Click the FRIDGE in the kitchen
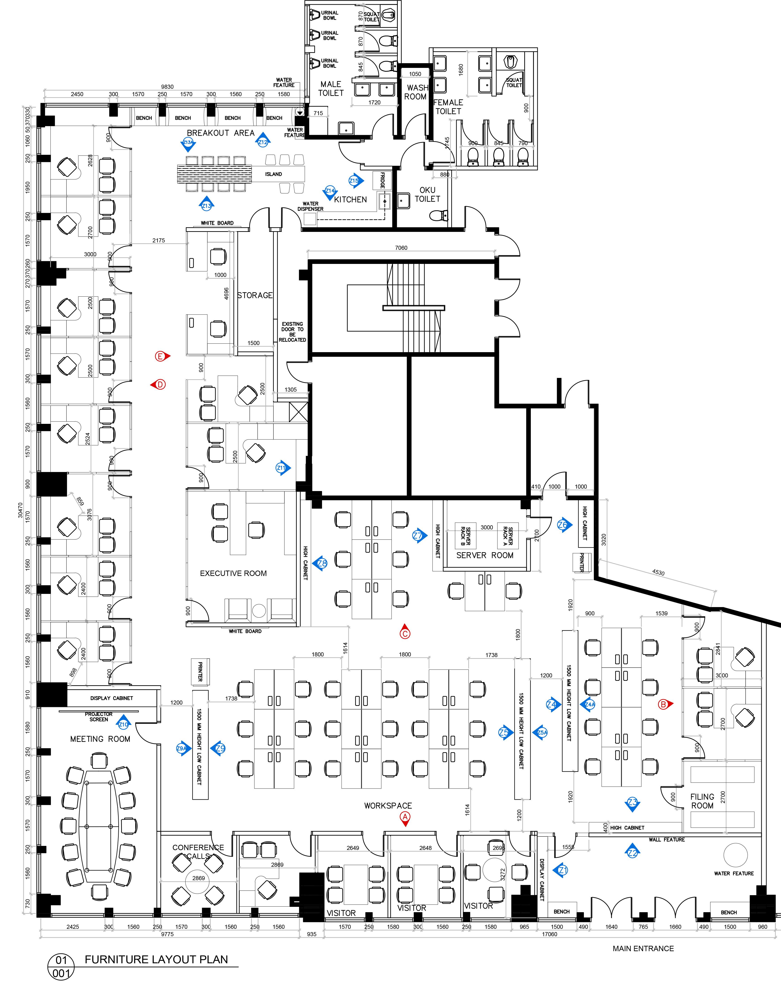click(x=382, y=180)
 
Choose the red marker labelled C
click(x=405, y=633)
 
